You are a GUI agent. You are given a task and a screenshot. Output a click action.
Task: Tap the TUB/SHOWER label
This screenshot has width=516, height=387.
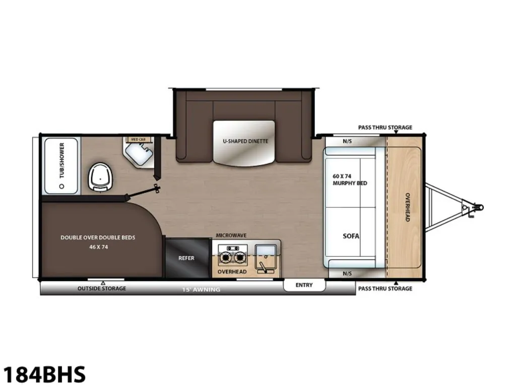tap(62, 161)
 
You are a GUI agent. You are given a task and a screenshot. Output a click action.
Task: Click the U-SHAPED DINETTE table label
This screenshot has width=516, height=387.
tap(245, 141)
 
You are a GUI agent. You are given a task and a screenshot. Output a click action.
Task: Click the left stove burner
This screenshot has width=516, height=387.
tap(226, 256)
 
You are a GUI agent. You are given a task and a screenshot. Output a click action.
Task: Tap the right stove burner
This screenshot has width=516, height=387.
tap(240, 256)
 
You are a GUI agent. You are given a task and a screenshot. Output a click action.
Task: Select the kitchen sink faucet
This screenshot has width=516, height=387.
tap(263, 267)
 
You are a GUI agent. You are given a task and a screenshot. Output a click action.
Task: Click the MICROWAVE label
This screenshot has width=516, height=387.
tap(231, 235)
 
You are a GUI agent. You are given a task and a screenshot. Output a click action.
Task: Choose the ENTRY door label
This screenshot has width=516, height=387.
tap(304, 285)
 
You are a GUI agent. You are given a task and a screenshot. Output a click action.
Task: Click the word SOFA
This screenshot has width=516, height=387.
tap(351, 236)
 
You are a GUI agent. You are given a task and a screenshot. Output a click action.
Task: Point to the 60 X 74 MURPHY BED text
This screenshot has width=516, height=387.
tap(350, 180)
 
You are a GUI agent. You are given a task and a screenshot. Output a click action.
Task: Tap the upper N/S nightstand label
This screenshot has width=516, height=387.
tap(347, 141)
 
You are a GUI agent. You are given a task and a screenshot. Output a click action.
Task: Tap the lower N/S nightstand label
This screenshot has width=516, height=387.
tap(347, 274)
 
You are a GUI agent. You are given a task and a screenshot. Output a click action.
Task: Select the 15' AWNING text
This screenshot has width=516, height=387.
tap(201, 290)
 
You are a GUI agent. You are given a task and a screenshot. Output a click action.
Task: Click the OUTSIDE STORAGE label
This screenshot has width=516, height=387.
tap(102, 288)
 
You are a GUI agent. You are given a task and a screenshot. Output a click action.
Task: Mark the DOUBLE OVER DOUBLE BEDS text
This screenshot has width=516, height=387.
tap(98, 237)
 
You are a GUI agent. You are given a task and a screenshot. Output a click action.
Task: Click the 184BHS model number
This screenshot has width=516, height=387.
tap(44, 374)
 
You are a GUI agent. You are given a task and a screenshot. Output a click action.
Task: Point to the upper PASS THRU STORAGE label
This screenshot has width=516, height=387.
tap(385, 127)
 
